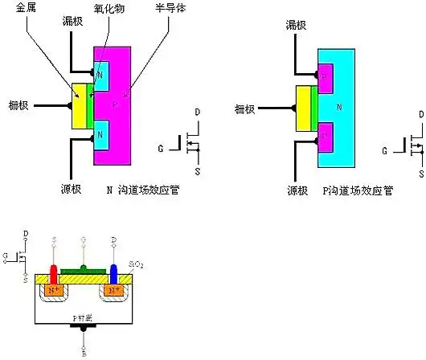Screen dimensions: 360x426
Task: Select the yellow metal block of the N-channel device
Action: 80,105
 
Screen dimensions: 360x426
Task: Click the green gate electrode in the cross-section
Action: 84,268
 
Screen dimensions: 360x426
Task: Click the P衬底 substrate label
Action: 84,318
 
